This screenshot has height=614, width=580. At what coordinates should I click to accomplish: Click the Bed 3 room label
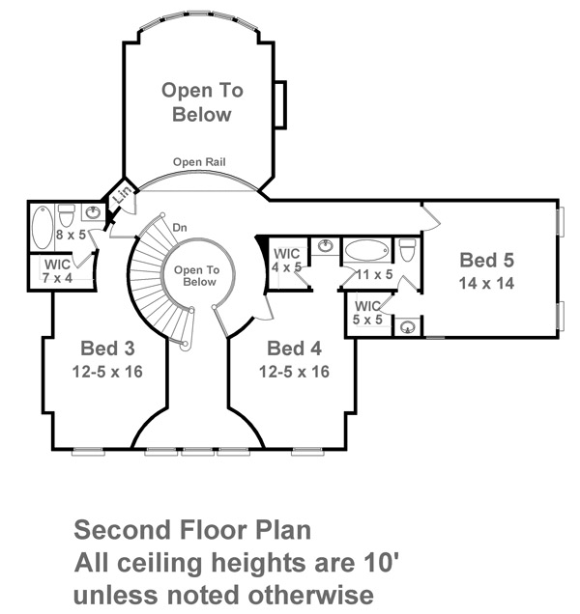[x=107, y=349]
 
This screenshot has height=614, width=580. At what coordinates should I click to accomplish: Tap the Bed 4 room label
[x=294, y=349]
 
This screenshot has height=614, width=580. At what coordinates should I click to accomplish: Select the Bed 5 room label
[x=486, y=260]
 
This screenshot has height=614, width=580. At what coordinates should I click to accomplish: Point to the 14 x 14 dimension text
[x=486, y=283]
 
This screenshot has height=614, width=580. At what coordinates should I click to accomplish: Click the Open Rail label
[x=199, y=162]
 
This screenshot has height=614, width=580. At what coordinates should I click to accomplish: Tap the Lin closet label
[x=123, y=195]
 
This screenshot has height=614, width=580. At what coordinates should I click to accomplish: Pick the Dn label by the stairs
[x=180, y=228]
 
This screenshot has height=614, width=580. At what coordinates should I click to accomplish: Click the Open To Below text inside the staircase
[x=196, y=276]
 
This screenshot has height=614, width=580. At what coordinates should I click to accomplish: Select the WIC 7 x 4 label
[x=57, y=271]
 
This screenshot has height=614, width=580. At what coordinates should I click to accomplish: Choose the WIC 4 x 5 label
[x=287, y=261]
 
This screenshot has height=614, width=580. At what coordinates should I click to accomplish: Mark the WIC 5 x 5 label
[x=367, y=313]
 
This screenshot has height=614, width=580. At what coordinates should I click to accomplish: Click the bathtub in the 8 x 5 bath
[x=43, y=228]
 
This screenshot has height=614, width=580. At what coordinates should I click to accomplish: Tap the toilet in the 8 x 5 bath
[x=67, y=214]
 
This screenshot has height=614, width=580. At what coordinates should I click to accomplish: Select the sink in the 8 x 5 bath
[x=94, y=212]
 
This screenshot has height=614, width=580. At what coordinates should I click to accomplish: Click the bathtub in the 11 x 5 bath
[x=367, y=250]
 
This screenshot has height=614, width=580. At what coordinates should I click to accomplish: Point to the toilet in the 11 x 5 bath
[x=407, y=250]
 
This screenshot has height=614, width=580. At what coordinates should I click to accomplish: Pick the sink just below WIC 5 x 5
[x=408, y=326]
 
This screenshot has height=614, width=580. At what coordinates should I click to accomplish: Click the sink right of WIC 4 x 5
[x=326, y=246]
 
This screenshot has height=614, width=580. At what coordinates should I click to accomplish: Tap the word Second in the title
[x=123, y=530]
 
